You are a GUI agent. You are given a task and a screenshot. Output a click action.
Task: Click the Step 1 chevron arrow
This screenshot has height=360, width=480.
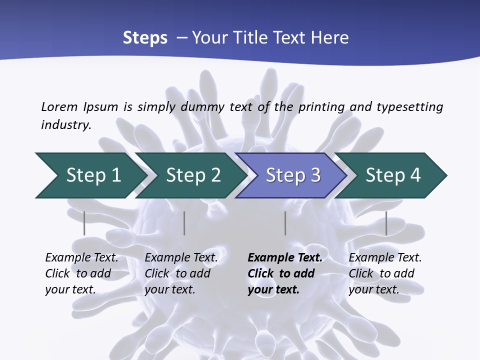pos(90,175)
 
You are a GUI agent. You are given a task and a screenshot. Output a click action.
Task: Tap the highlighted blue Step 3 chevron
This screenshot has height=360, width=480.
pos(292,175)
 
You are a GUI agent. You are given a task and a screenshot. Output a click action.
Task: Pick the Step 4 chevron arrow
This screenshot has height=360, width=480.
pos(392,175)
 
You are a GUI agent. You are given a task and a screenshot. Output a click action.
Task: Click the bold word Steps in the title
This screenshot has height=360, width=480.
pos(145,38)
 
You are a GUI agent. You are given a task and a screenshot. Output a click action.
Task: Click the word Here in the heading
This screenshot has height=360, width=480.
pos(329,38)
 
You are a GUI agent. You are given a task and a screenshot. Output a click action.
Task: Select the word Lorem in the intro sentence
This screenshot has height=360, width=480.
pos(59,106)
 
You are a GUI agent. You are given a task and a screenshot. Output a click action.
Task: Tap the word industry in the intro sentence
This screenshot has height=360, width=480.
pos(65,124)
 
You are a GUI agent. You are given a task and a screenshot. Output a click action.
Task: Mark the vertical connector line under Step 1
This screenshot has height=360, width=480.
pos(84,223)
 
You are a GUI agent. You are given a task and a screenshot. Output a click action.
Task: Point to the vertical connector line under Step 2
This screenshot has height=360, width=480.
pos(184,223)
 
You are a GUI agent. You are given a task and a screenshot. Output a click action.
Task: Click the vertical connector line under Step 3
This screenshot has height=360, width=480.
pos(285,223)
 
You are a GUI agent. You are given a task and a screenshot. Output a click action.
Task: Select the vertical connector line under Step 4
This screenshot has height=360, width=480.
pos(386,223)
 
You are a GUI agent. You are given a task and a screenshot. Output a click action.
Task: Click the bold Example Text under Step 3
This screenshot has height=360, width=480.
pos(285,257)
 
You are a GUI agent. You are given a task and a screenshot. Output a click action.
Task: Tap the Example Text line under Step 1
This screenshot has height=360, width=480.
pos(81,257)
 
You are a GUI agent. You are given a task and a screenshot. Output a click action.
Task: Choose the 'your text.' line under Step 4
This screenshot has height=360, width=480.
pos(373,289)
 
